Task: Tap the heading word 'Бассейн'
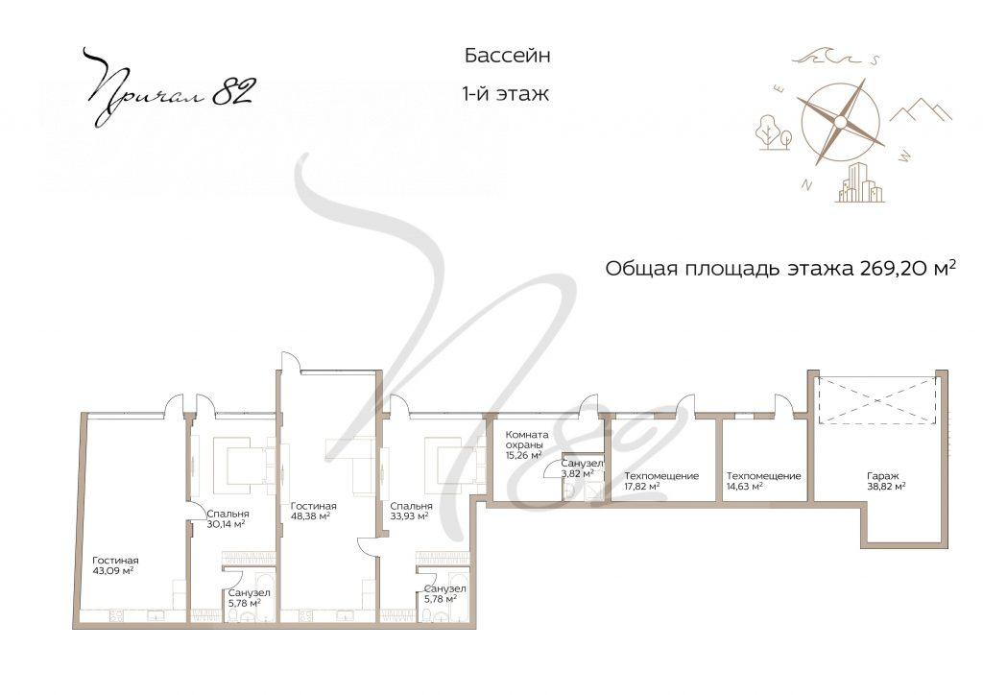[x=507, y=57]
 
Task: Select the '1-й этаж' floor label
[x=505, y=95]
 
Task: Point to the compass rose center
[x=839, y=122]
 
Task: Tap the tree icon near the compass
[x=772, y=132]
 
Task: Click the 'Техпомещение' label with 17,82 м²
[x=660, y=476]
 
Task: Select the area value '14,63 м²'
[x=744, y=488]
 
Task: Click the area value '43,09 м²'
[x=112, y=571]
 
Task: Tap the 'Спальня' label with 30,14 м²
[x=228, y=514]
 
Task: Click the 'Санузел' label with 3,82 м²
[x=582, y=463]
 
